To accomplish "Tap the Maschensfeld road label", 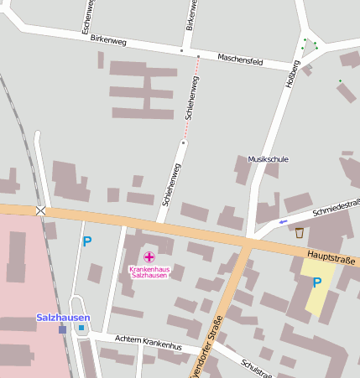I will [x=240, y=60].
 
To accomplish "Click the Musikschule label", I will [x=269, y=158].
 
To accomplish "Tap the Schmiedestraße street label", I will [x=335, y=208].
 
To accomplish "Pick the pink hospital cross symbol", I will [x=149, y=256].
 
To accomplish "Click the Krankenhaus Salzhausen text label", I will [x=149, y=272].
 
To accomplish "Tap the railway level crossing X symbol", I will [x=40, y=210].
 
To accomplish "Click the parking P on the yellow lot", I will [x=316, y=282].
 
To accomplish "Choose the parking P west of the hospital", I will [x=86, y=241].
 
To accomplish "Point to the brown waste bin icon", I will [x=300, y=233].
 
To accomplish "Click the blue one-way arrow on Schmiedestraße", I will [x=283, y=221].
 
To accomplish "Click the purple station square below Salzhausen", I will [x=62, y=329].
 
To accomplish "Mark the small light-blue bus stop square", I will [x=81, y=328].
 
